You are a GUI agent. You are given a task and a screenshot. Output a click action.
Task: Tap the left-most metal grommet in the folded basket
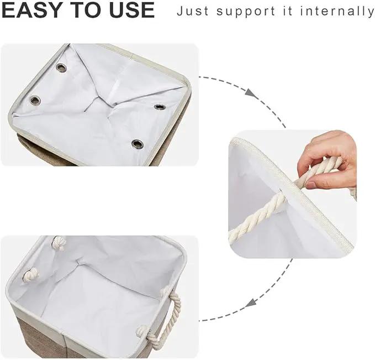[35, 100]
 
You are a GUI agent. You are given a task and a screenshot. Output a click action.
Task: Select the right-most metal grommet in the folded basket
[159, 107]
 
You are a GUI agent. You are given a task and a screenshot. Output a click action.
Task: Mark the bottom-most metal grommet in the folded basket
[138, 144]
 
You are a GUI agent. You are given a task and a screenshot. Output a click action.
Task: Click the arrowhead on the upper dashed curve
[251, 93]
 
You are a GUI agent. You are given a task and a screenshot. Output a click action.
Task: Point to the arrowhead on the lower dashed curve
[251, 303]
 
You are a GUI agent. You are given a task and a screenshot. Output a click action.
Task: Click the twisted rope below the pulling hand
[256, 217]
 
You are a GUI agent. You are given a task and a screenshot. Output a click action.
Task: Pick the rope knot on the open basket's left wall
[30, 274]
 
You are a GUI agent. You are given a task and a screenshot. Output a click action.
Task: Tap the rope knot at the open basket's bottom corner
[142, 331]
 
